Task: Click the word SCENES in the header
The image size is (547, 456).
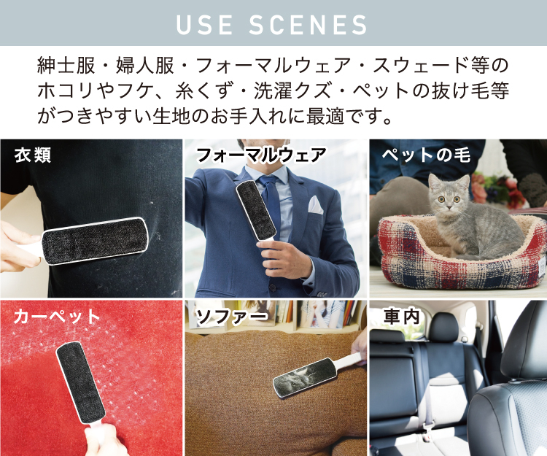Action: click(308, 24)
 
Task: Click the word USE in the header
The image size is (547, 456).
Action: click(204, 24)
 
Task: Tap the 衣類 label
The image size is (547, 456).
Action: click(33, 155)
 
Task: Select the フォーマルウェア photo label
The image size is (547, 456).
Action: click(261, 155)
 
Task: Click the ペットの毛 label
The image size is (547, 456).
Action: click(427, 155)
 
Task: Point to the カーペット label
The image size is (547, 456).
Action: click(57, 317)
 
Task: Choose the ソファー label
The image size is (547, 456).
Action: click(232, 317)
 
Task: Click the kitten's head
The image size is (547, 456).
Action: click(449, 193)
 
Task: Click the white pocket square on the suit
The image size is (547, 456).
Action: click(315, 205)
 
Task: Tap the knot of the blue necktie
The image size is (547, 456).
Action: click(268, 182)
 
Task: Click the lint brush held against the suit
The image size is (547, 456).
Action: click(257, 212)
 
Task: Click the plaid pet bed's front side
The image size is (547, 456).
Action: click(460, 272)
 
